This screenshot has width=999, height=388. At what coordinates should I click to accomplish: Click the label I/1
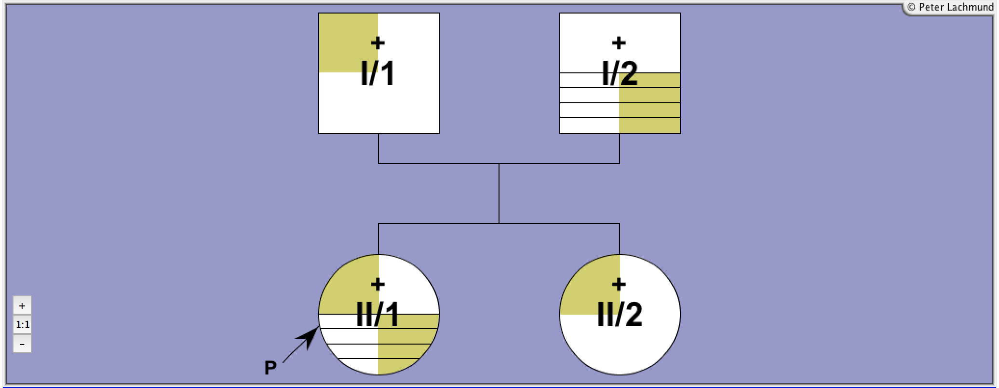378,74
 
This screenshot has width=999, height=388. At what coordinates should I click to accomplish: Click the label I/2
620,74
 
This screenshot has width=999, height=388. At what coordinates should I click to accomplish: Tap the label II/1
378,315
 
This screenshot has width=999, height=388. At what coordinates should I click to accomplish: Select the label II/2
620,315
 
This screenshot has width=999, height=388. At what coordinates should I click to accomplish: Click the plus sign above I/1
378,43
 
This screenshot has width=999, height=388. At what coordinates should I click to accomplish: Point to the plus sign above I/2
619,43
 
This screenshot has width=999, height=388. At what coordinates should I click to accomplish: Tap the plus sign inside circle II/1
378,284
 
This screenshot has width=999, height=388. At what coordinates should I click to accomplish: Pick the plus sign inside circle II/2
619,284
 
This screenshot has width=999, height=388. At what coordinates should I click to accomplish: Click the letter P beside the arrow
270,368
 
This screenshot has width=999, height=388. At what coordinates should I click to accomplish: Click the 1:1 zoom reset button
22,325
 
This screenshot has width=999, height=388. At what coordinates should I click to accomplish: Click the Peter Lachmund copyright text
950,7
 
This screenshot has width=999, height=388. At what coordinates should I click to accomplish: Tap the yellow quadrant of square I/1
348,43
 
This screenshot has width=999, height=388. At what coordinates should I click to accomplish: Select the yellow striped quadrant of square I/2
649,103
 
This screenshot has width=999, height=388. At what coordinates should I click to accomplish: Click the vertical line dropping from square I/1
378,149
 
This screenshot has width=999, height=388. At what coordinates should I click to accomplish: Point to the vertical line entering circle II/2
620,239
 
